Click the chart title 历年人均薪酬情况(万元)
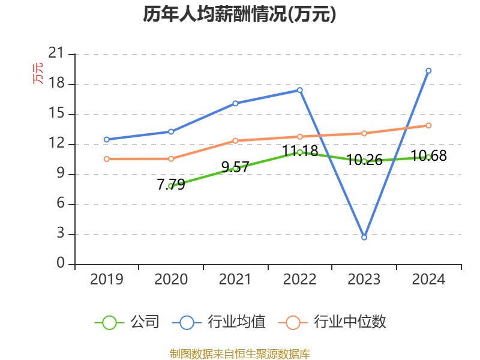tap(239, 14)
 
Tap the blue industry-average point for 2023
tap(364, 237)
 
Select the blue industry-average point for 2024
tap(428, 71)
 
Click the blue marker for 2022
tap(299, 90)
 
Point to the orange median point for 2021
tap(235, 141)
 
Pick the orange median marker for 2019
tap(107, 159)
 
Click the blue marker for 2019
tap(107, 140)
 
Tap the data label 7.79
tap(171, 184)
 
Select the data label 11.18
tap(300, 151)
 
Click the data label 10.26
tap(364, 160)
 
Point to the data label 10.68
tap(428, 155)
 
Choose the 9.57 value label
tap(235, 167)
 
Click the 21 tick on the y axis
tap(56, 53)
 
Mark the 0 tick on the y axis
tap(61, 263)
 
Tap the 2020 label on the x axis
tap(171, 279)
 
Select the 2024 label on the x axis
tap(428, 279)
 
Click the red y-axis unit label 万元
tap(38, 73)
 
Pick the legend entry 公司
tap(127, 322)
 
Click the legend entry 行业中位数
tap(332, 322)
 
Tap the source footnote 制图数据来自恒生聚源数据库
tap(239, 354)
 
